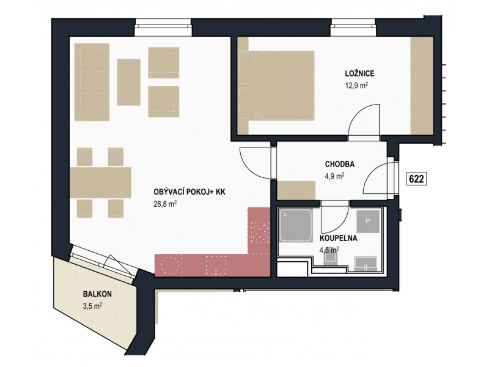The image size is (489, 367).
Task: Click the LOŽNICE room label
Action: pos(359,73)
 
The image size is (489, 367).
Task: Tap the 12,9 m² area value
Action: pos(356,86)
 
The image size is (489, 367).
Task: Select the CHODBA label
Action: pos(340,164)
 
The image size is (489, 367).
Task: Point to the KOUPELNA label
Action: pos(339,239)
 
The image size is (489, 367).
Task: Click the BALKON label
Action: pos(97,294)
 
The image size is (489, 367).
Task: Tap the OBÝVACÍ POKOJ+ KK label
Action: pos(189,192)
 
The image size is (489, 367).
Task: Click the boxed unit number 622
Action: pos(416,179)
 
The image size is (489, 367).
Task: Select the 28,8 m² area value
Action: pos(165,204)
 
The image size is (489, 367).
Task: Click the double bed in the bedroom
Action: pos(276,86)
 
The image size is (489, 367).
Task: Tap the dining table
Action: pos(100,182)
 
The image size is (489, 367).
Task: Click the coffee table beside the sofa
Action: pos(129,82)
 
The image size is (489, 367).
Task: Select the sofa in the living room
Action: pos(92,82)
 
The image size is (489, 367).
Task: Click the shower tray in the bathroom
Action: pos(296,225)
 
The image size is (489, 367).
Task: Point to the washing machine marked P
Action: pos(368,221)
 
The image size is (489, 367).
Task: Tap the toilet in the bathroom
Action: pos(331,258)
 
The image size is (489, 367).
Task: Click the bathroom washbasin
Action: pos(366,264)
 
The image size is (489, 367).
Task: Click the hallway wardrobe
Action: pos(296,190)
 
